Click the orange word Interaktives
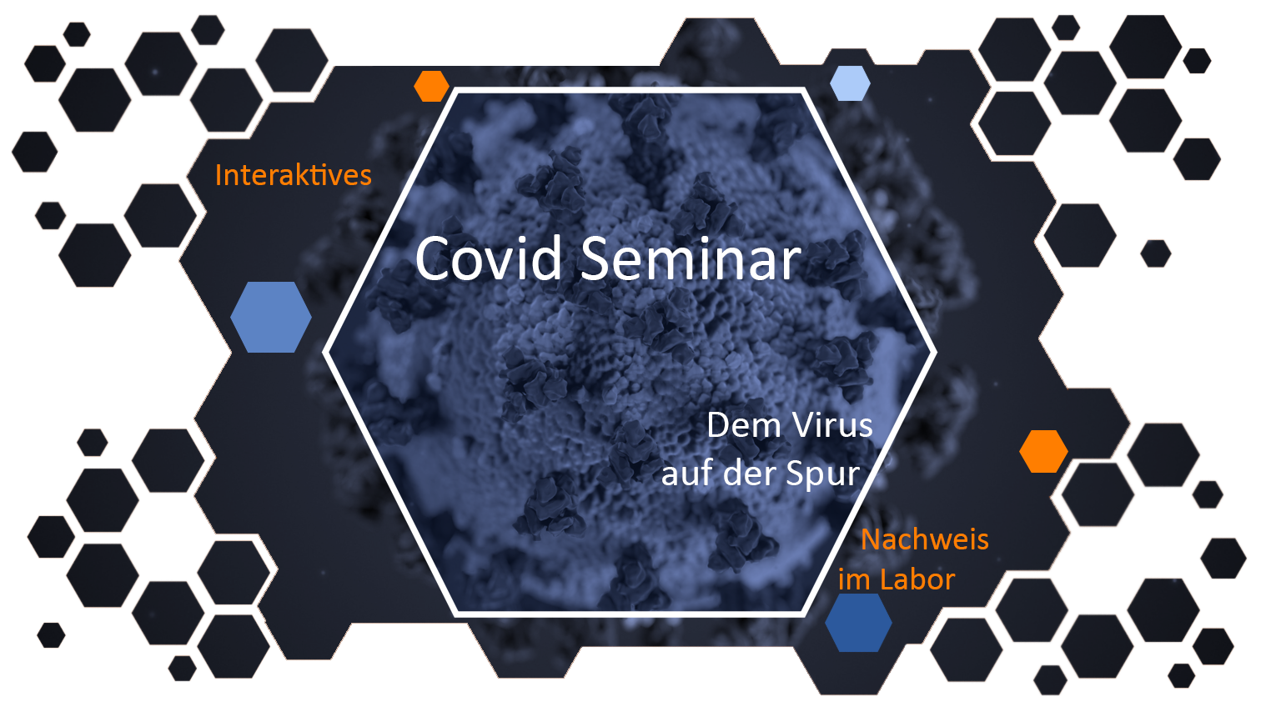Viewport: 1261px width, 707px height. point(294,175)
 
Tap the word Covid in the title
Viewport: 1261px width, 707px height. point(488,258)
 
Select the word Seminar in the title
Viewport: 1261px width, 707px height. point(691,258)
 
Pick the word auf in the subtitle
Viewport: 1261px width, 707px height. point(687,473)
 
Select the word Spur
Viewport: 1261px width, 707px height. point(823,474)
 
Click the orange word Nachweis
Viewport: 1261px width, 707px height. point(925,539)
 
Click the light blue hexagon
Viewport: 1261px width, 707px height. point(850,83)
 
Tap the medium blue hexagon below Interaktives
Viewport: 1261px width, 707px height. point(271,318)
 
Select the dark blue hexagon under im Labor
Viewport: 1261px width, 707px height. point(858,623)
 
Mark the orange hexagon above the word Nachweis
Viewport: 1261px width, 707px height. point(1043,451)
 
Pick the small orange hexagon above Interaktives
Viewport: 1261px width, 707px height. point(431,86)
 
